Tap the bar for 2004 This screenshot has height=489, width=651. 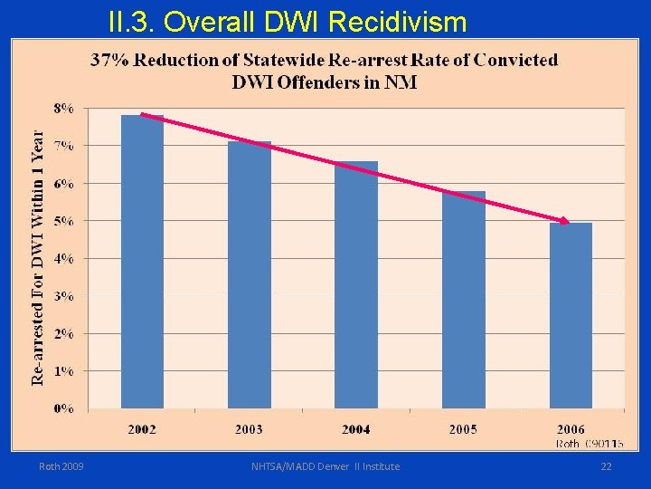(356, 284)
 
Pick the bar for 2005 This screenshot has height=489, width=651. (464, 299)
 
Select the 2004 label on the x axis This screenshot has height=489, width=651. (356, 429)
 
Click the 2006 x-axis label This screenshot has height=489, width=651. (571, 429)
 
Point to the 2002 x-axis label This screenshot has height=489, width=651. (142, 429)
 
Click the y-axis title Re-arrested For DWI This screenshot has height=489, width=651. (38, 257)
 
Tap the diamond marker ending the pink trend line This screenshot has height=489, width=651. (564, 221)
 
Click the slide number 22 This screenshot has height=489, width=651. (606, 466)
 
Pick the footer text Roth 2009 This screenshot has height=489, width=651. (61, 466)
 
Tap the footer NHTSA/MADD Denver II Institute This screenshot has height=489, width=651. (325, 466)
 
